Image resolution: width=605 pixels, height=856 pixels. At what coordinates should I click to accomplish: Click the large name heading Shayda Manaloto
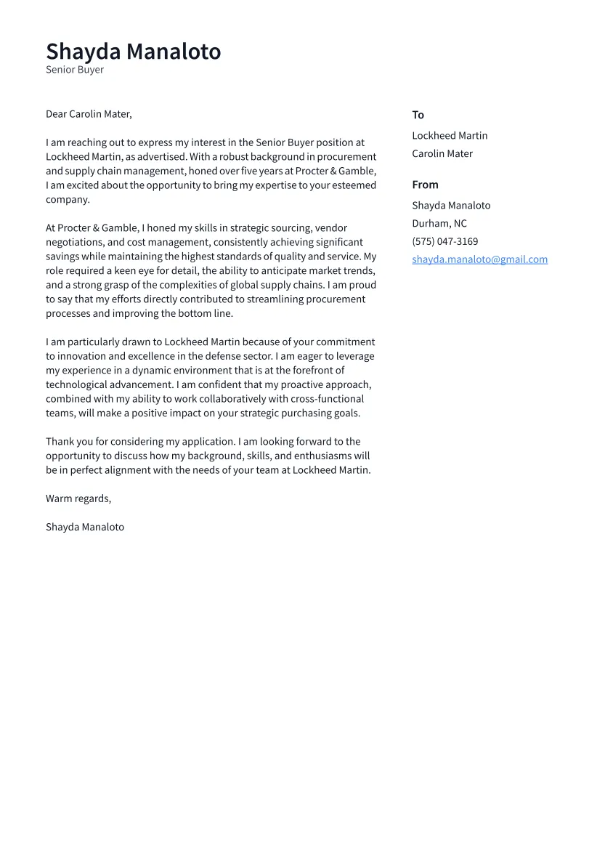click(133, 52)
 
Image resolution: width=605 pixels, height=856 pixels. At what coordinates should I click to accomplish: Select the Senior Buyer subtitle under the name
click(75, 70)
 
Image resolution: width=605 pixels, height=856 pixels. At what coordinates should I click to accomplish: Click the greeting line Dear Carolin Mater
click(89, 114)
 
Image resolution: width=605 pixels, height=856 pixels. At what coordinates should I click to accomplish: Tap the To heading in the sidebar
click(418, 115)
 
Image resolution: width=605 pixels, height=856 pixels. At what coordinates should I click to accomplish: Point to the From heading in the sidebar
click(425, 185)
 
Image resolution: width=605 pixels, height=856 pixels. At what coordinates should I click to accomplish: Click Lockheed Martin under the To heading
click(450, 136)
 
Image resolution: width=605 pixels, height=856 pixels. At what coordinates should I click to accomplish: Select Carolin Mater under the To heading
click(442, 154)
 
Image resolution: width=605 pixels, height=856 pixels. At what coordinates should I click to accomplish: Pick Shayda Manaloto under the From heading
click(451, 206)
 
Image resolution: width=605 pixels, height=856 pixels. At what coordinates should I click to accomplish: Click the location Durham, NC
click(439, 224)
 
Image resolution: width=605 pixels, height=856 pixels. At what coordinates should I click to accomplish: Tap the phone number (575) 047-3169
click(444, 242)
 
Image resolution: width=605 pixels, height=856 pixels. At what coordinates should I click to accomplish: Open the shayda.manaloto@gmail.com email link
click(479, 259)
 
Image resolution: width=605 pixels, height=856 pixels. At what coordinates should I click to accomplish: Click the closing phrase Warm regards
click(78, 498)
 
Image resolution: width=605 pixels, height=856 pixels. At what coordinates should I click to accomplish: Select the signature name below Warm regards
click(85, 527)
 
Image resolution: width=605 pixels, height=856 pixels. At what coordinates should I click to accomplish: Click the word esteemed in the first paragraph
click(353, 185)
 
